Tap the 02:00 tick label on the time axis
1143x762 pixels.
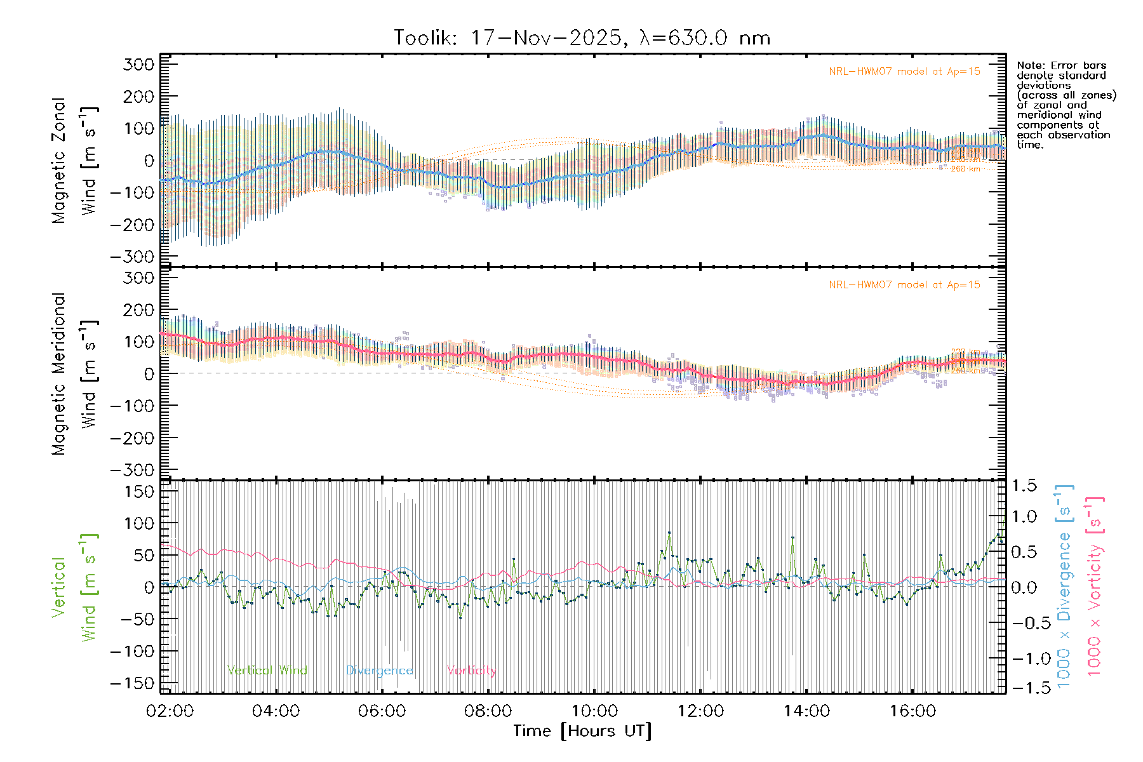[x=170, y=711]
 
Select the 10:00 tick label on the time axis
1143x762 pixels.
[x=594, y=711]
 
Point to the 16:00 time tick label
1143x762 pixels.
[x=912, y=711]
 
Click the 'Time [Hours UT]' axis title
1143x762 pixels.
[x=582, y=732]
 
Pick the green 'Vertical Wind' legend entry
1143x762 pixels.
[x=267, y=671]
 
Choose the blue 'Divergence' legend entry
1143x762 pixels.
[x=379, y=671]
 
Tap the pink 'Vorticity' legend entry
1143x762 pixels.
[x=471, y=671]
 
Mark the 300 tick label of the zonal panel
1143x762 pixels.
[x=139, y=65]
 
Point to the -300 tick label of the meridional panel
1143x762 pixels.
[x=132, y=471]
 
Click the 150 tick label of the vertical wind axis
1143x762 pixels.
[x=139, y=491]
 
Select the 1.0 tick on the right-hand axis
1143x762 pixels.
[x=1024, y=516]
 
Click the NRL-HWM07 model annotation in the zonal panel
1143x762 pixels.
[x=904, y=72]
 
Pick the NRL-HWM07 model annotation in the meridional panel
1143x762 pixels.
[x=904, y=285]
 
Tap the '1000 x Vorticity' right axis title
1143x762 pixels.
[x=1095, y=586]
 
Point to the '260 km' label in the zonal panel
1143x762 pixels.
[x=965, y=169]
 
